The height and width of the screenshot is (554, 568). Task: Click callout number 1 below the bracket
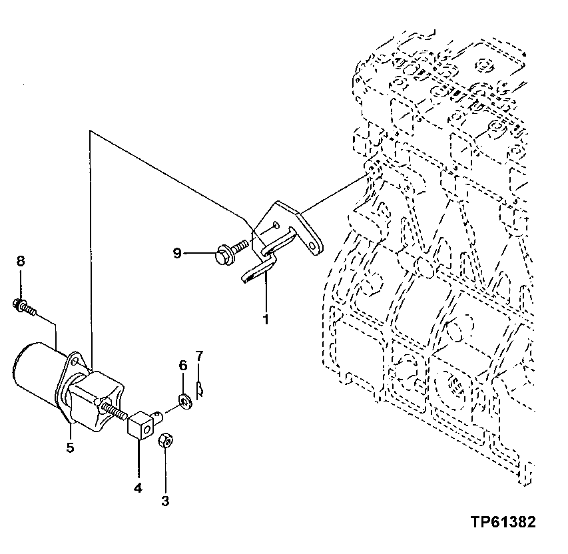click(265, 320)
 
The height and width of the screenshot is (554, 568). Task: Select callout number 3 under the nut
click(165, 500)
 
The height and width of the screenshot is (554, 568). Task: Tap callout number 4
click(137, 488)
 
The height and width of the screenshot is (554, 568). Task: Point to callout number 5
click(69, 447)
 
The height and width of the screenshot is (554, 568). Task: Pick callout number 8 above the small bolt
click(20, 261)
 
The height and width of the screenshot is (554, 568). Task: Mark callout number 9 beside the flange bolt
click(176, 253)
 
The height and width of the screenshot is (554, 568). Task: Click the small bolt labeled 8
click(23, 307)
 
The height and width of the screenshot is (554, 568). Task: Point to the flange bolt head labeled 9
click(224, 253)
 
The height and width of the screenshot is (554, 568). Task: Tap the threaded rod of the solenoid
click(117, 412)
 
